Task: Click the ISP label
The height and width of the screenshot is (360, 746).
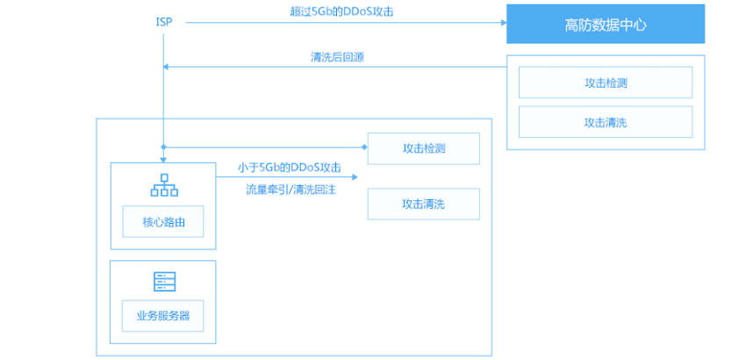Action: (x=163, y=22)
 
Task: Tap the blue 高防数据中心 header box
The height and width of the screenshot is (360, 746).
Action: (x=606, y=24)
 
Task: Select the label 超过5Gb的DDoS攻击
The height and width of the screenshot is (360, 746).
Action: (x=342, y=12)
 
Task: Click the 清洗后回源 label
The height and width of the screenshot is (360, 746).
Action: (x=337, y=58)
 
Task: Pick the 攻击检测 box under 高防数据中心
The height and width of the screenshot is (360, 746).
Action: (x=606, y=83)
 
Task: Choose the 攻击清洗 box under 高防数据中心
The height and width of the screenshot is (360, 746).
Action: (x=606, y=122)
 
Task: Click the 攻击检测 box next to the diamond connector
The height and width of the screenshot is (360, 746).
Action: (x=423, y=148)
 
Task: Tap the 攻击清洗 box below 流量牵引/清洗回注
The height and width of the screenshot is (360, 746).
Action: (x=423, y=204)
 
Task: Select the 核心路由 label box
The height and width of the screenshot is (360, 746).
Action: (x=163, y=221)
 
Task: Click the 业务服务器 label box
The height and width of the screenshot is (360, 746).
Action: (x=162, y=316)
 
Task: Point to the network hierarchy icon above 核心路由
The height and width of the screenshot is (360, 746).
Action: (x=164, y=185)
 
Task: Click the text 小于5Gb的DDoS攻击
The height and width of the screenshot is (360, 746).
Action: (x=290, y=168)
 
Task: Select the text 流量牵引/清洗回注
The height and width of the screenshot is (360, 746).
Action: (x=291, y=190)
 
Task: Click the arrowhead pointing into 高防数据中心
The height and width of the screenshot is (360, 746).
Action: (x=504, y=22)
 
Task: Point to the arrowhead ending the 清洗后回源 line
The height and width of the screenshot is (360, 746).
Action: (x=166, y=67)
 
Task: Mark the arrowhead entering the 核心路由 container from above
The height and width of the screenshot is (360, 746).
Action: (x=163, y=161)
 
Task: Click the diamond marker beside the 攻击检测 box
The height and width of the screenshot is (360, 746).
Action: (x=364, y=147)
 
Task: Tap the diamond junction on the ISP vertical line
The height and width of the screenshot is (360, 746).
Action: (x=163, y=147)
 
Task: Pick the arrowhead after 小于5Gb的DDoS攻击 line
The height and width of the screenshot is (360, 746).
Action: (x=355, y=177)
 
